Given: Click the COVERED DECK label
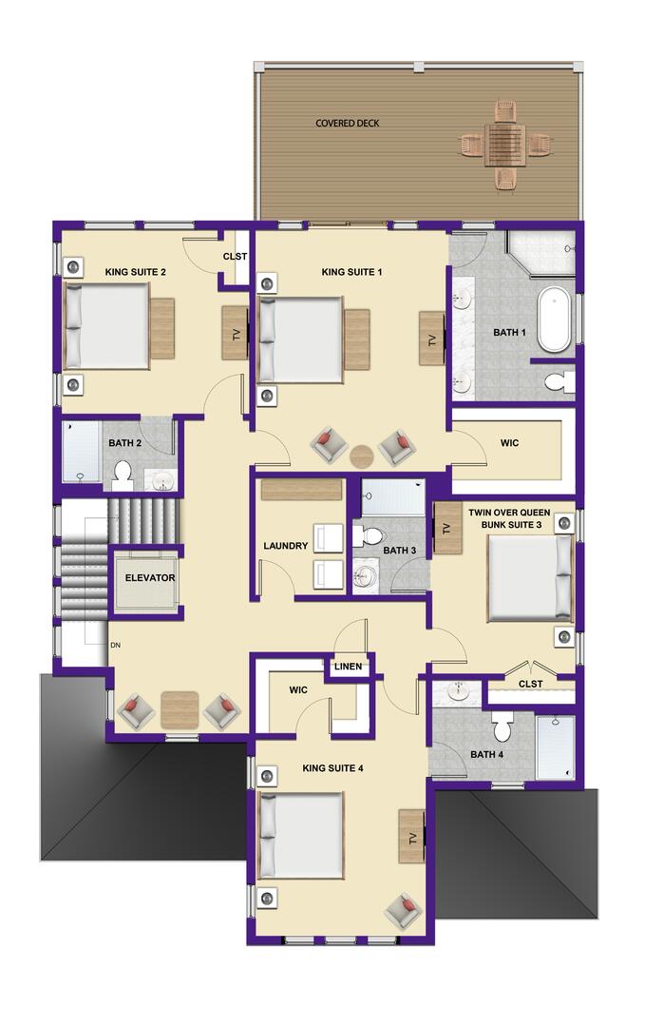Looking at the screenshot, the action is pos(348,123).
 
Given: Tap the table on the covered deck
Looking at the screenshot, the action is pos(505,145).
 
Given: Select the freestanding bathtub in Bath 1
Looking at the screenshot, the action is pos(555,320).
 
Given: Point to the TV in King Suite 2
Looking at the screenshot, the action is pos(236,334).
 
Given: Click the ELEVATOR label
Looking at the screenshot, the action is pos(150,578).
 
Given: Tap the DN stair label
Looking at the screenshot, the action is pos(115,645).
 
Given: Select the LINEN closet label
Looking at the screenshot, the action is pos(348,666).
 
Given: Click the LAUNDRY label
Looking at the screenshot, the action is pos(285,546).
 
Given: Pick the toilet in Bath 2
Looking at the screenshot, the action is pos(123,475).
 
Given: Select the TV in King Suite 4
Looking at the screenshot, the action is pos(412,837).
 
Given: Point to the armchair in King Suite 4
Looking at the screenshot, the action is pos(403,910).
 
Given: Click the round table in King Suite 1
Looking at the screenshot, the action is pos(362,455).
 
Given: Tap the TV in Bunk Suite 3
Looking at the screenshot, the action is pos(447,528).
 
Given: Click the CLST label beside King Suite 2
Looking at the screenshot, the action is pos(235,256).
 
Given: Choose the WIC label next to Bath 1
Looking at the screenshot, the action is pos(509,443).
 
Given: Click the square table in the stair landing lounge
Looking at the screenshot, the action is pos(180,710).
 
